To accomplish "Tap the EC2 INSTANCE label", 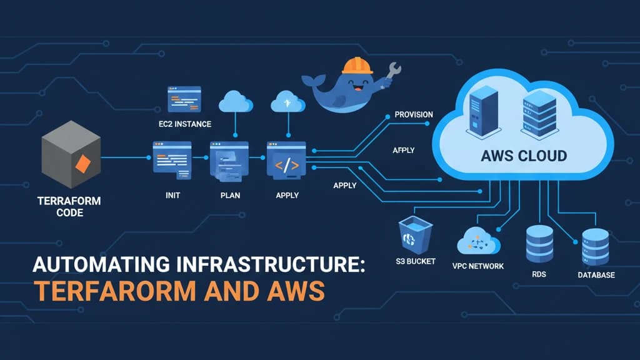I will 184,124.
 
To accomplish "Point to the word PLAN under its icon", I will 230,195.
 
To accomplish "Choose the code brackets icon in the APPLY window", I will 287,166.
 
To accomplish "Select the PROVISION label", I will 414,115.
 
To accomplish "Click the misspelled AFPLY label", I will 404,151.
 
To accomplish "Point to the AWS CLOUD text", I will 524,156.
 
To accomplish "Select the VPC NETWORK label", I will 478,266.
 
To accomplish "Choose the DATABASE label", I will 595,275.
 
